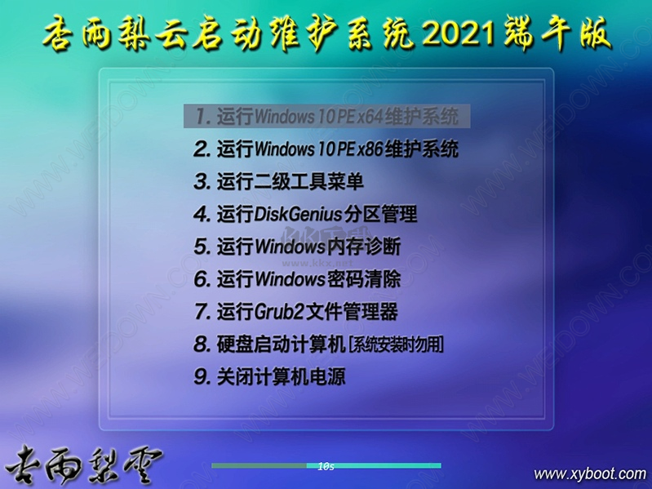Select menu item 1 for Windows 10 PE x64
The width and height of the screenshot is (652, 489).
pos(326,116)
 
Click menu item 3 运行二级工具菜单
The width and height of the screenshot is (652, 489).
pos(278,181)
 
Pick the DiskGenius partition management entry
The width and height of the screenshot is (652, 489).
pos(305,214)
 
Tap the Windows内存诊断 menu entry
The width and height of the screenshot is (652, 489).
pos(297,247)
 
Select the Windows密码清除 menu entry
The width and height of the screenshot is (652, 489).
pos(297,279)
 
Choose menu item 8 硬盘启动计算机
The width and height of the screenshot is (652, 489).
pos(318,345)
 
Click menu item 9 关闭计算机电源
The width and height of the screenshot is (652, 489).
pos(269,377)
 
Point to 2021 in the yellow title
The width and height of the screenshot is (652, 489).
pos(460,35)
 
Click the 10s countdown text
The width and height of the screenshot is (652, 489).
pos(326,466)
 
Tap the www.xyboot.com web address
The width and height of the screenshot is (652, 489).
pos(589,473)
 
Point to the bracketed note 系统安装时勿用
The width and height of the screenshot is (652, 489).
pos(396,345)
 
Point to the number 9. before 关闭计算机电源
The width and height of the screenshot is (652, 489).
pos(202,377)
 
